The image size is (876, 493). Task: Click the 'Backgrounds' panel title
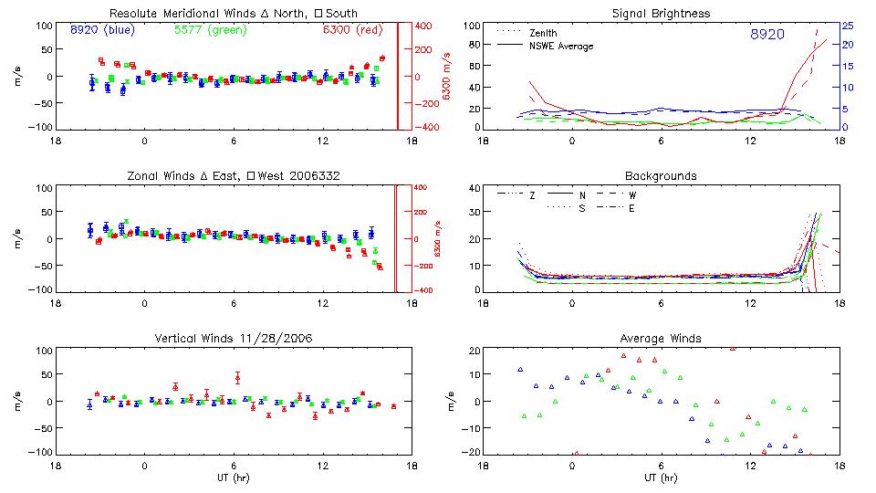(661, 175)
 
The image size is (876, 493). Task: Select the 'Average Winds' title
(661, 339)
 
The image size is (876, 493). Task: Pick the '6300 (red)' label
(353, 31)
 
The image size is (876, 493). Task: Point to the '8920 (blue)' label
(101, 31)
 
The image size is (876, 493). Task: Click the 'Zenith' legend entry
(544, 34)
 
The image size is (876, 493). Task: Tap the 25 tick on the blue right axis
(847, 26)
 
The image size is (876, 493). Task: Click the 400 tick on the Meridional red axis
(412, 26)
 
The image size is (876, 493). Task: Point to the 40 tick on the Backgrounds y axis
(474, 189)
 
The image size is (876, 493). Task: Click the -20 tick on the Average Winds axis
(472, 452)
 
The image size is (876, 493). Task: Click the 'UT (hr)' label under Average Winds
(661, 477)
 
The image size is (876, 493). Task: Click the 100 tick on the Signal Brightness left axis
(471, 26)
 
